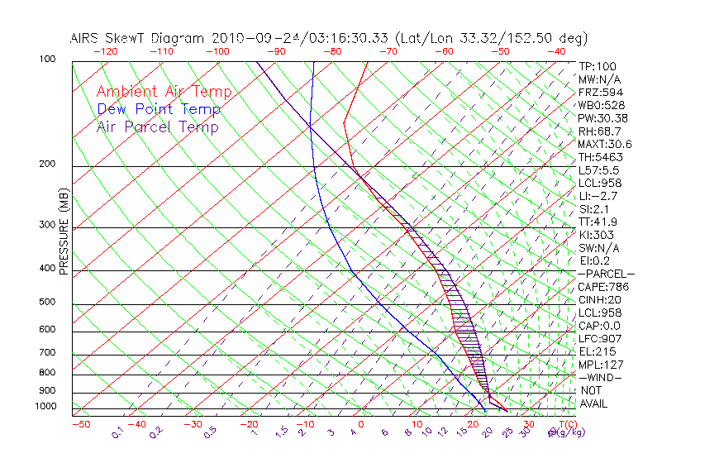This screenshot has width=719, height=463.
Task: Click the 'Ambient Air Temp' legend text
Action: click(164, 92)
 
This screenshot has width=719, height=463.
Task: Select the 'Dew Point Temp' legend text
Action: click(158, 109)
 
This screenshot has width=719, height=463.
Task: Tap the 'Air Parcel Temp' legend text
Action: click(157, 126)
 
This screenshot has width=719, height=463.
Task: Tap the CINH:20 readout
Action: click(602, 300)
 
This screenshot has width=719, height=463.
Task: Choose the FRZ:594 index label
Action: click(601, 92)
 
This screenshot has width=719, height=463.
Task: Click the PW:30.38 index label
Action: click(604, 118)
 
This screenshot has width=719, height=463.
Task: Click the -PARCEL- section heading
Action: click(606, 274)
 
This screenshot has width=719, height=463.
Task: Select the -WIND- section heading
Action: click(600, 377)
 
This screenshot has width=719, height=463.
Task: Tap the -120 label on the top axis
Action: click(105, 51)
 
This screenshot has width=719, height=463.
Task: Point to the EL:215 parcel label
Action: click(596, 351)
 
